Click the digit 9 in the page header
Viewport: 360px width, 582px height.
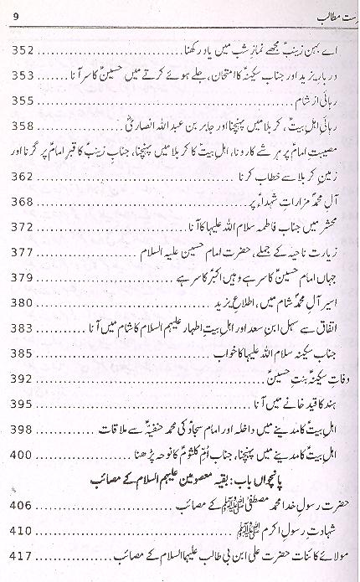tap(18, 13)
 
